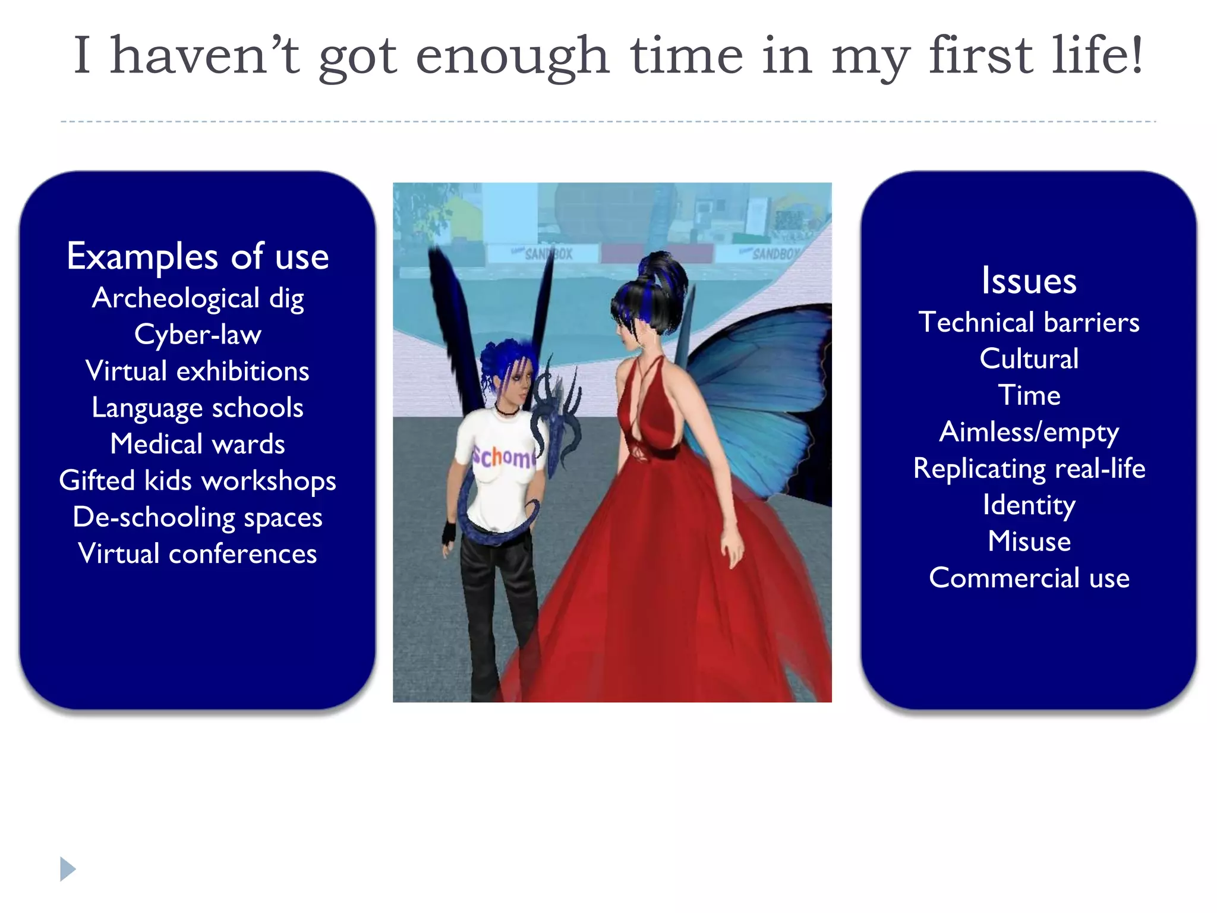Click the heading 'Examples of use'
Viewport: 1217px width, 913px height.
pyautogui.click(x=197, y=257)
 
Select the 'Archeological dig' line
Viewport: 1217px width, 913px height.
pyautogui.click(x=197, y=298)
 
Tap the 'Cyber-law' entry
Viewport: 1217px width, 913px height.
pyautogui.click(x=197, y=335)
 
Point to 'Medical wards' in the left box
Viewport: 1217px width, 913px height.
pyautogui.click(x=197, y=444)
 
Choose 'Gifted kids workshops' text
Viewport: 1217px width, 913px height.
pyautogui.click(x=197, y=481)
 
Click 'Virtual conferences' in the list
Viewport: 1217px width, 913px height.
pyautogui.click(x=197, y=554)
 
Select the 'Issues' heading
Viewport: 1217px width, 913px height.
pyautogui.click(x=1029, y=281)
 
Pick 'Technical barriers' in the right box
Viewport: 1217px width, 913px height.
pyautogui.click(x=1029, y=322)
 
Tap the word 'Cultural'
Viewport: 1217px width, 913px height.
pyautogui.click(x=1029, y=359)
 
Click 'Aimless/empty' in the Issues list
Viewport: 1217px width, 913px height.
pyautogui.click(x=1029, y=432)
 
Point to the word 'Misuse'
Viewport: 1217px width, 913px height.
pyautogui.click(x=1029, y=541)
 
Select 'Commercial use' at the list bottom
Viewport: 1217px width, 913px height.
pyautogui.click(x=1029, y=578)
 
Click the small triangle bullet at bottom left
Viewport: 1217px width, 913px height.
pyautogui.click(x=68, y=869)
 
